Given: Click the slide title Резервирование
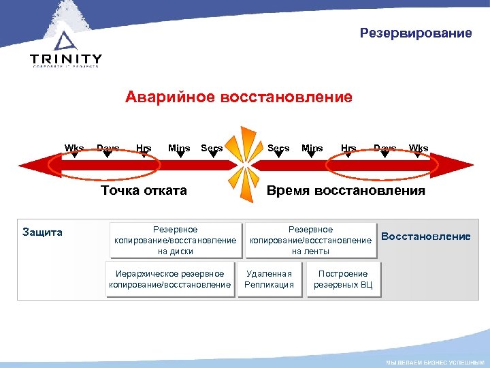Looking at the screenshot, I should (416, 33).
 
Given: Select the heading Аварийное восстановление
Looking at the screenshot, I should (239, 97).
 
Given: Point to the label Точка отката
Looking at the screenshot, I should (144, 190).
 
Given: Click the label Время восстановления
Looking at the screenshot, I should (346, 190).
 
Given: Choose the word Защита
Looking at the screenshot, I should (43, 232).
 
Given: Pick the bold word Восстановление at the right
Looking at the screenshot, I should (426, 236).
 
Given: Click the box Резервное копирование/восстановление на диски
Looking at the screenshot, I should (176, 241).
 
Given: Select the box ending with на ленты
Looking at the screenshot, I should (310, 241).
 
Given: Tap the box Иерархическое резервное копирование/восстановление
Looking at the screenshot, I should (171, 279).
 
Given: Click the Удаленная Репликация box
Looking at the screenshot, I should (269, 279).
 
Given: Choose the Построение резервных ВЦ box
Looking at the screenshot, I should (343, 279).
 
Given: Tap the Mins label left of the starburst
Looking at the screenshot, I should (179, 149).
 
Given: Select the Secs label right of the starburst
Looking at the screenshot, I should (278, 149).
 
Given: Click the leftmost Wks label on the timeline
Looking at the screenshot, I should (74, 149).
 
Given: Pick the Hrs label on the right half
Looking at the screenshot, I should (348, 149).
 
